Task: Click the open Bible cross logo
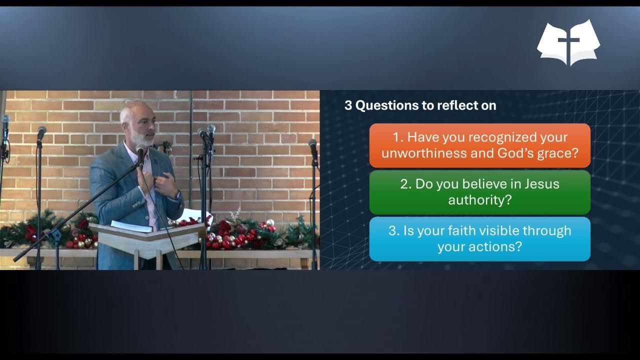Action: (568, 42)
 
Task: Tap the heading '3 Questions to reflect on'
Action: (420, 105)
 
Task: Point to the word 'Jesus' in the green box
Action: (541, 184)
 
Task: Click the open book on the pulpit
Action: (131, 226)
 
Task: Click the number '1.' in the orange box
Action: (398, 137)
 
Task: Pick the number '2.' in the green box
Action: (406, 184)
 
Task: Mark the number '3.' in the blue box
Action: (394, 230)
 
